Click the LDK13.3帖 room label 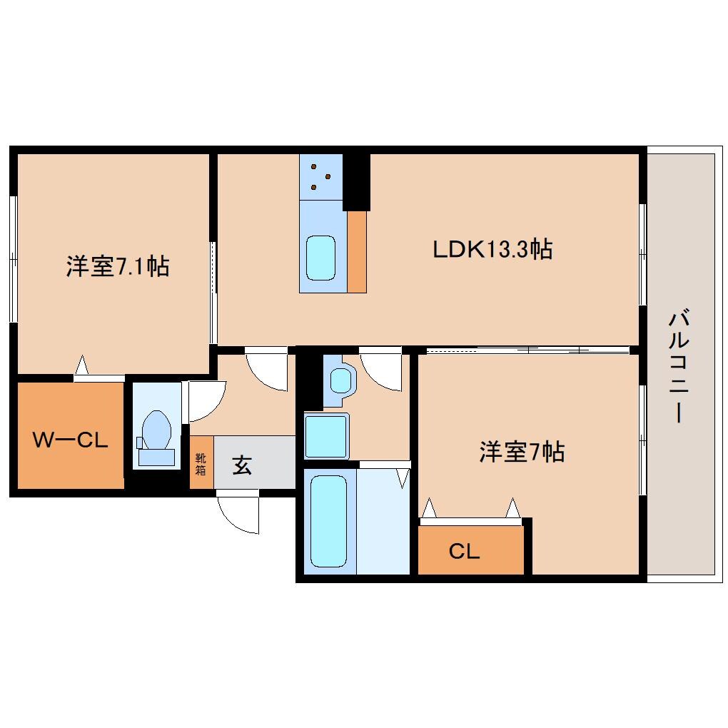tap(492, 250)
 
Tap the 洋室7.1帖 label tap(118, 266)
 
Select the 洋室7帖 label tap(522, 452)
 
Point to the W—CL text tap(71, 440)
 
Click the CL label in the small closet tap(464, 551)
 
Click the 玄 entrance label tap(242, 467)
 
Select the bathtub tap(329, 521)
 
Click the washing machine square tap(325, 435)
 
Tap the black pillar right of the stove tap(356, 182)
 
